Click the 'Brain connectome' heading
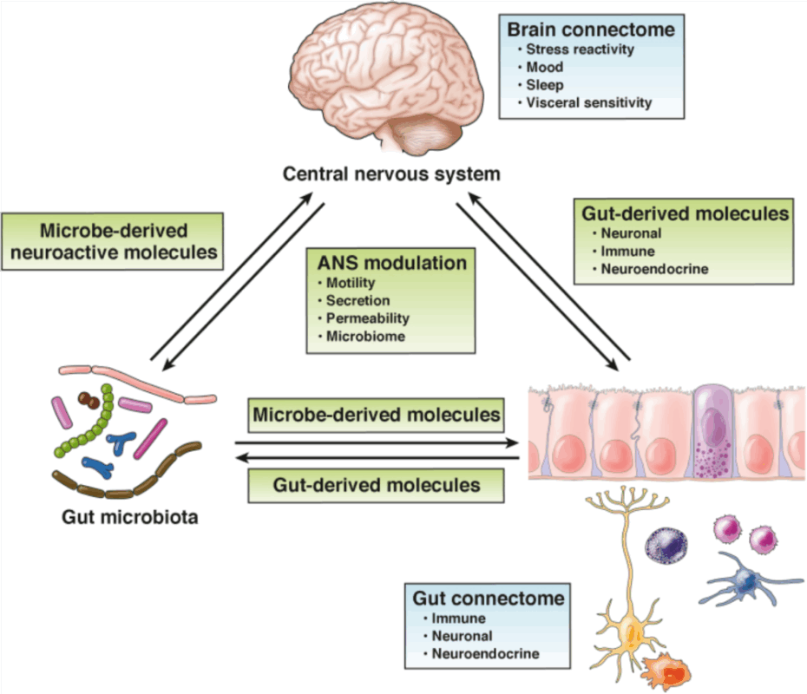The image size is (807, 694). pyautogui.click(x=591, y=29)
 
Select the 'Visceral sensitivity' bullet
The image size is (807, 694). pyautogui.click(x=589, y=102)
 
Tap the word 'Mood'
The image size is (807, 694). pyautogui.click(x=545, y=67)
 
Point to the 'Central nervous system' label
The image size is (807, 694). pyautogui.click(x=391, y=173)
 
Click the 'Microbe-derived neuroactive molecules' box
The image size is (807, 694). pyautogui.click(x=113, y=241)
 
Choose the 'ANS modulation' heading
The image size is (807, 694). pyautogui.click(x=392, y=263)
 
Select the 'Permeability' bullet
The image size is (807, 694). pyautogui.click(x=367, y=318)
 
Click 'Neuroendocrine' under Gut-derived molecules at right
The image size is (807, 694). pyautogui.click(x=654, y=269)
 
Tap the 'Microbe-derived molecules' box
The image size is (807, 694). pyautogui.click(x=377, y=415)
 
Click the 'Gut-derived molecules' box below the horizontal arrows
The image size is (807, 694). pyautogui.click(x=377, y=485)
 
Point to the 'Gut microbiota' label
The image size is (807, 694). pyautogui.click(x=129, y=516)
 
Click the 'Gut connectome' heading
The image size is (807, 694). pyautogui.click(x=488, y=599)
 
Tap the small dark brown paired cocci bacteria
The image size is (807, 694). pyautogui.click(x=89, y=400)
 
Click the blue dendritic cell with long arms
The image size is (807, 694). pyautogui.click(x=744, y=579)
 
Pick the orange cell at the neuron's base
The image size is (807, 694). pyautogui.click(x=667, y=671)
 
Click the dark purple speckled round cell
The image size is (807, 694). pyautogui.click(x=666, y=546)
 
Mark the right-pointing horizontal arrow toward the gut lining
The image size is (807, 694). pyautogui.click(x=377, y=442)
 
